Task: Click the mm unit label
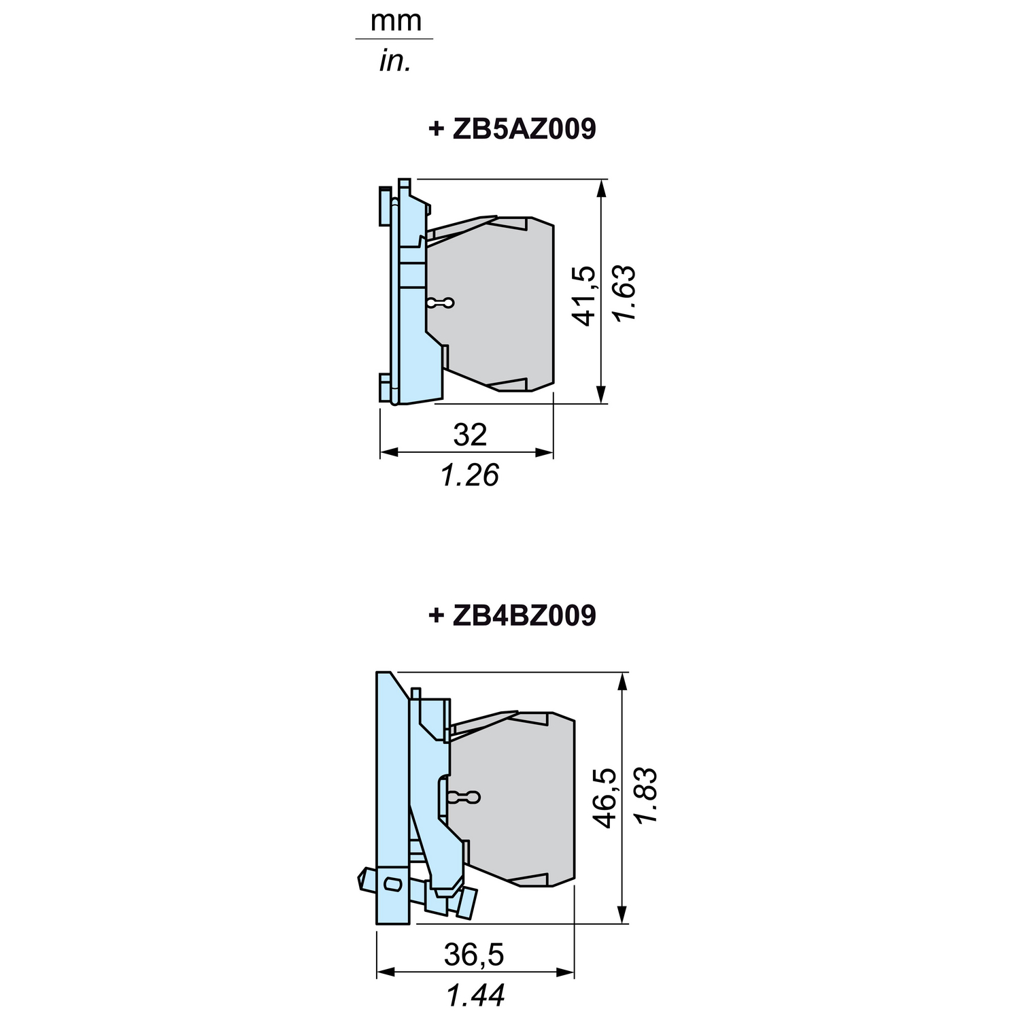[x=396, y=21]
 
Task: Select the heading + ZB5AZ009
[x=512, y=129]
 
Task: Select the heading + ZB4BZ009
[x=512, y=615]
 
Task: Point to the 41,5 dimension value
[x=585, y=296]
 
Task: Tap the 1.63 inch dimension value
[x=623, y=293]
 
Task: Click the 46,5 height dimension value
[x=605, y=798]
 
